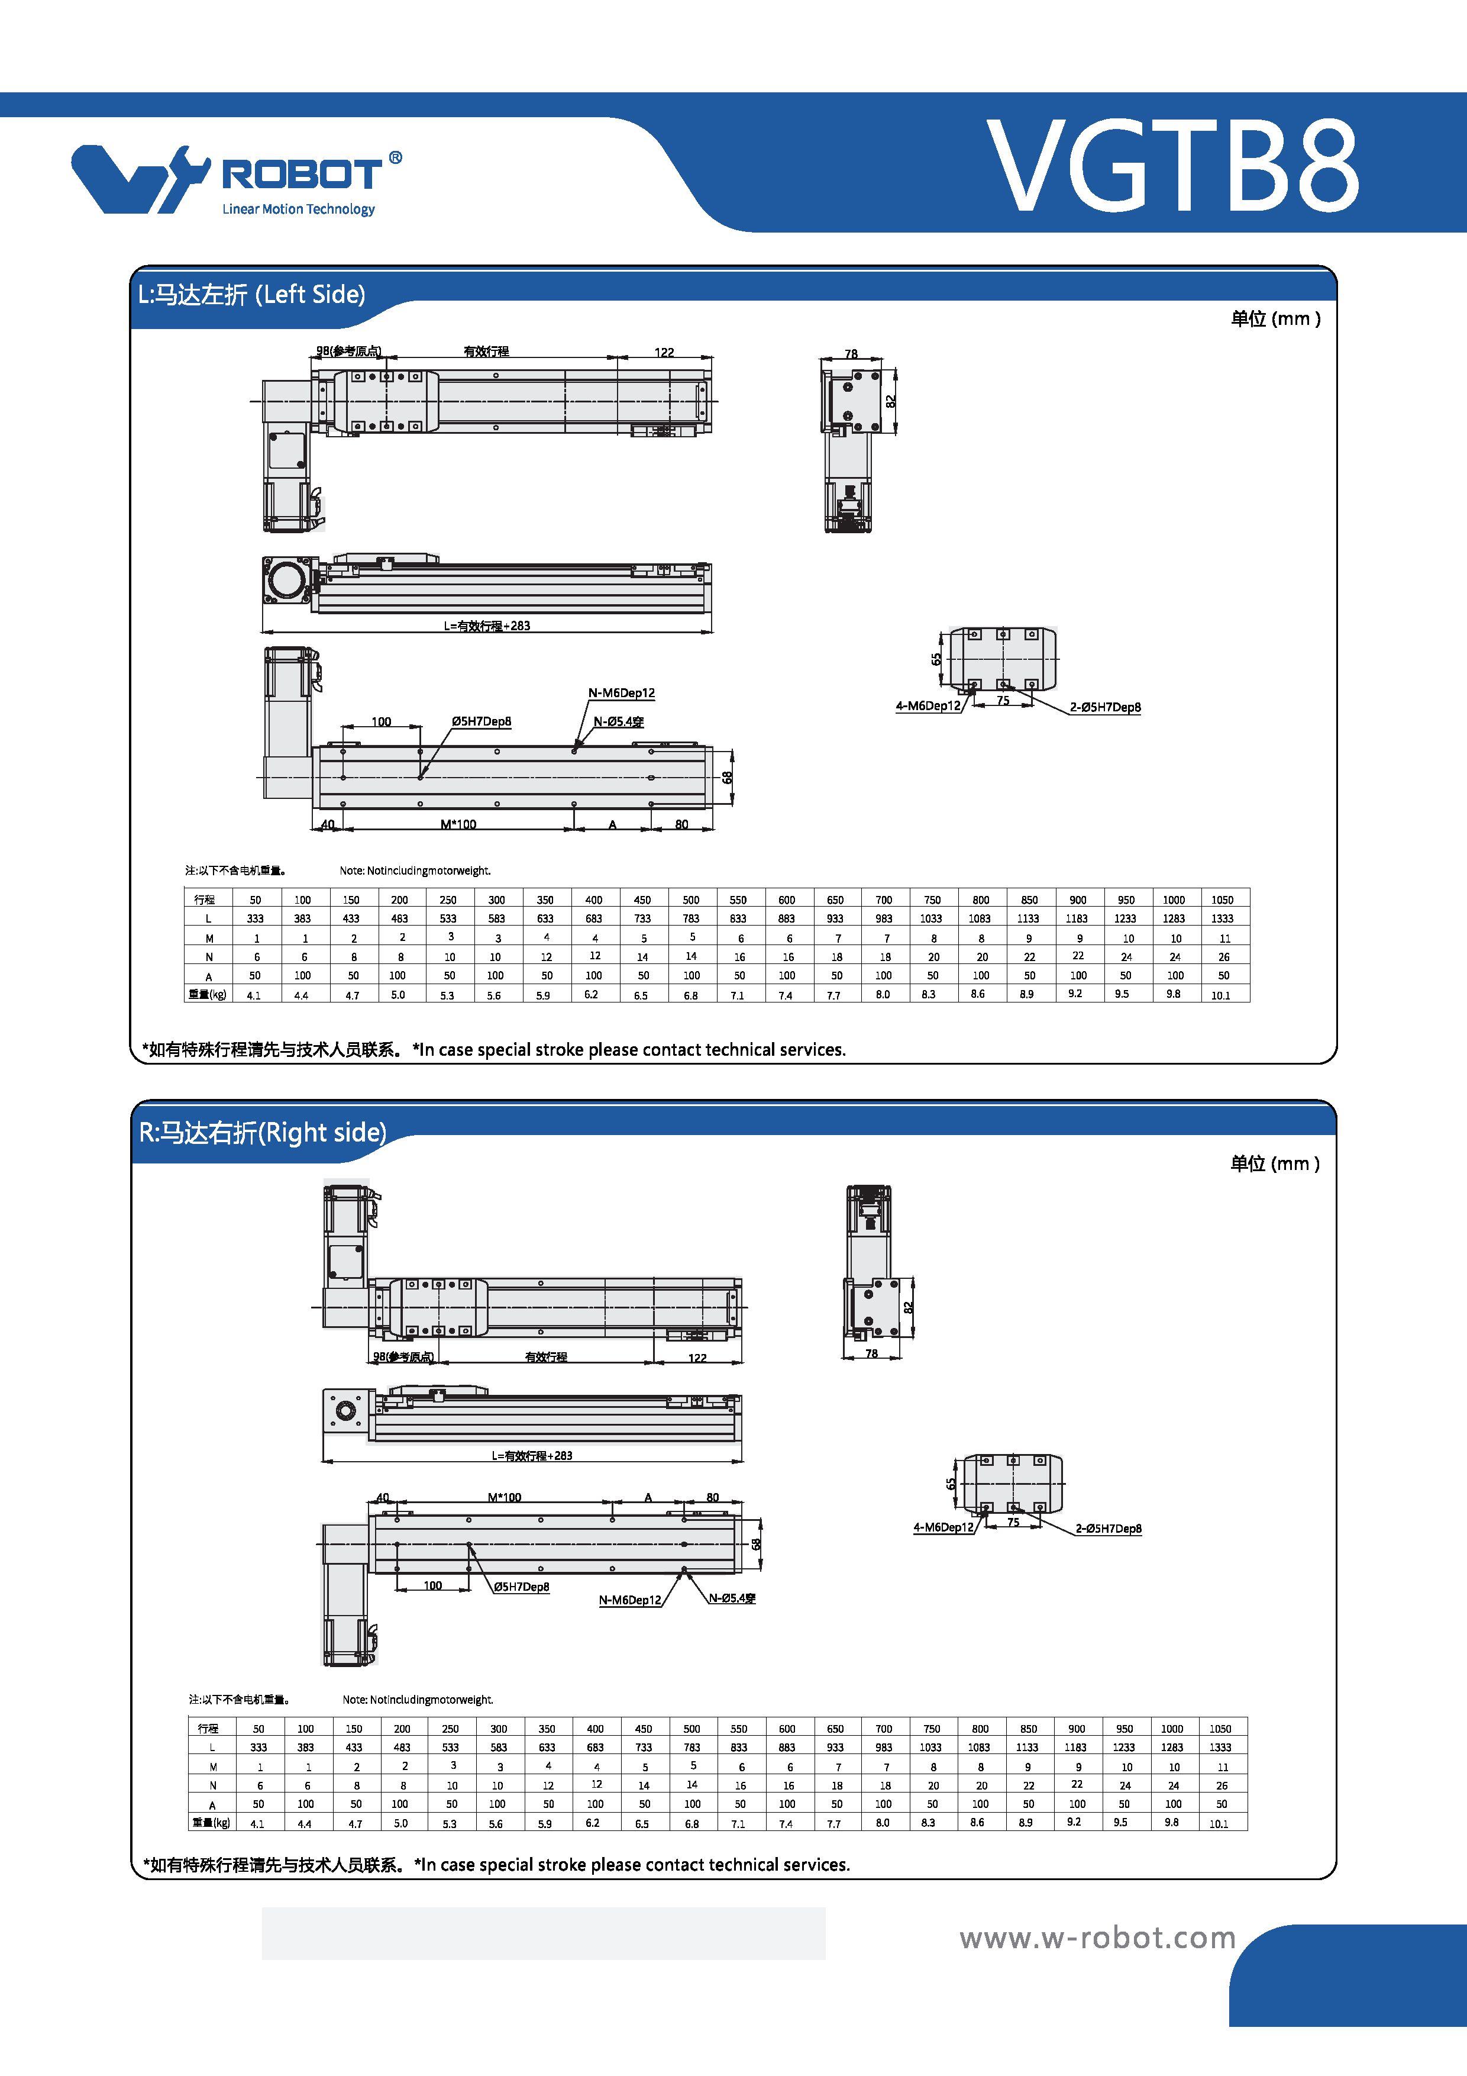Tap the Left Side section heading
251,295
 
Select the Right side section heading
262,1132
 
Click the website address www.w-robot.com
1097,1938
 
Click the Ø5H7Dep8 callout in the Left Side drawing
482,721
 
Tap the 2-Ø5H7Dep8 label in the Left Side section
1106,707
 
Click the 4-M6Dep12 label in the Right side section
943,1527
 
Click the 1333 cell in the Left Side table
1222,918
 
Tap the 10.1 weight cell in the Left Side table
1220,995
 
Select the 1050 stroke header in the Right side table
1220,1729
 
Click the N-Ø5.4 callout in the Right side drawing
732,1598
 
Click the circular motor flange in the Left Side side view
289,579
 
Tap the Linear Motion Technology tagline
298,209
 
